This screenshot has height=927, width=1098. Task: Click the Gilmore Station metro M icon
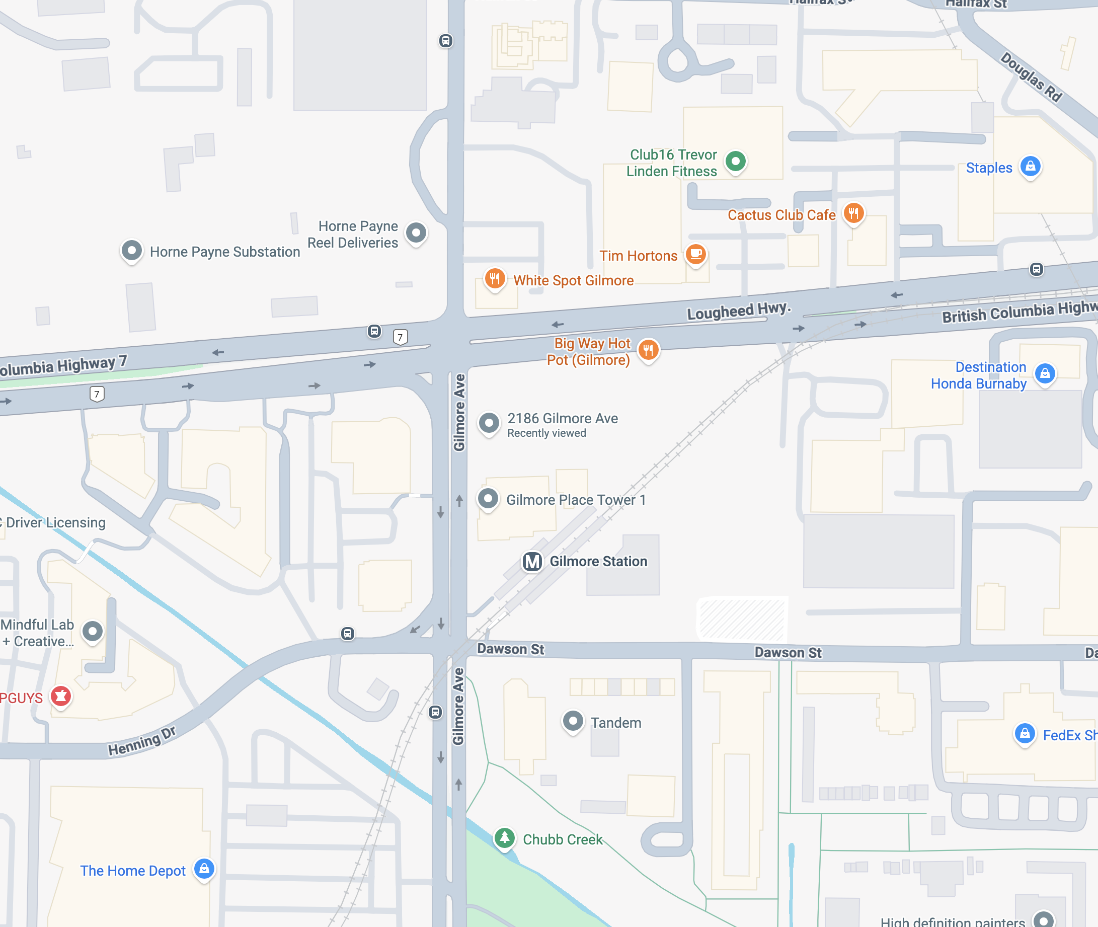coord(532,561)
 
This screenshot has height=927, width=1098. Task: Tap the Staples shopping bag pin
coord(1030,167)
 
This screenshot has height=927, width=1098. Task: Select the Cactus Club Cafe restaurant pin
coord(854,213)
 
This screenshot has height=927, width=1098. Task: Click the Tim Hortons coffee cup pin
coord(696,255)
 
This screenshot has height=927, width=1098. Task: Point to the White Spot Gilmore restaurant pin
coord(494,278)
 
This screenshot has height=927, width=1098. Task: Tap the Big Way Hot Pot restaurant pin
coord(648,349)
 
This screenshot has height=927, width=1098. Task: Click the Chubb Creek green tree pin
coord(504,837)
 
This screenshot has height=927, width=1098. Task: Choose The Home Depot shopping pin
coord(204,869)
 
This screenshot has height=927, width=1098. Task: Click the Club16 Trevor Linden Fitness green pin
coord(736,162)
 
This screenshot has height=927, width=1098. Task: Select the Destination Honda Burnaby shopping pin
coord(1045,373)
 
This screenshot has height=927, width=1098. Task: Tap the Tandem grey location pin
coord(573,721)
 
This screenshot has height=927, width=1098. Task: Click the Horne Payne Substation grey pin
coord(131,250)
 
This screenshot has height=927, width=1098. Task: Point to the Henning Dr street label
coord(142,741)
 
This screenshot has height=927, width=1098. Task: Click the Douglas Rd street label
coord(1031,76)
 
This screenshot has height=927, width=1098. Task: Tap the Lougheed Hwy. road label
coord(739,311)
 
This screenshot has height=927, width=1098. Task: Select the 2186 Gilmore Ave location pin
coord(489,423)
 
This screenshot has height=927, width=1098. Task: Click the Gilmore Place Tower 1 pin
coord(488,498)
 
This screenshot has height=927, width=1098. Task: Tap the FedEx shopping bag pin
coord(1025,733)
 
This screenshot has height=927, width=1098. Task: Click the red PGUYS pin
coord(61,697)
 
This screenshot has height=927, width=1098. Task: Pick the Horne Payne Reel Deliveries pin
coord(416,233)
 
